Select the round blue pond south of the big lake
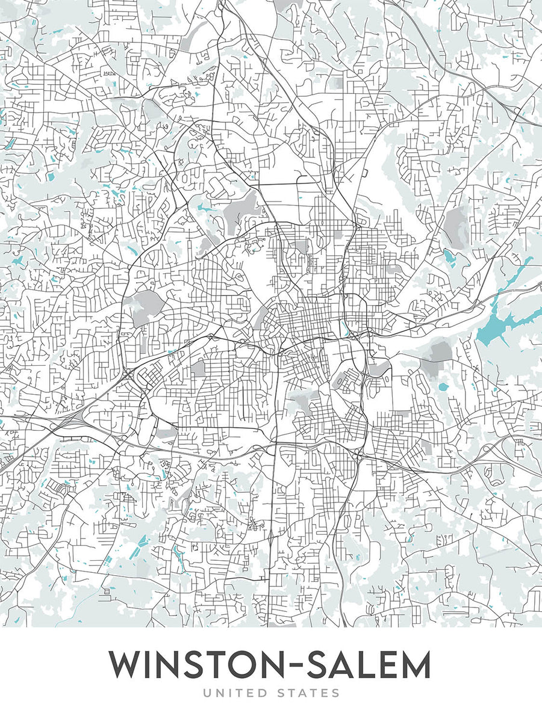point(444,387)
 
